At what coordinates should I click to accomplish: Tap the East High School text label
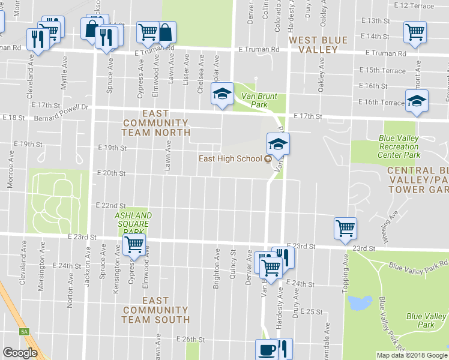tap(231, 158)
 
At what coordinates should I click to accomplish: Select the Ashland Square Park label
tap(133, 223)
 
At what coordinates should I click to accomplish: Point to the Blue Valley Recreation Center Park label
tap(399, 146)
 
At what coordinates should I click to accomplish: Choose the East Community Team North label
tap(155, 122)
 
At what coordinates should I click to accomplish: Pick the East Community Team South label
tap(155, 310)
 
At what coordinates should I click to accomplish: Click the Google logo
tap(20, 353)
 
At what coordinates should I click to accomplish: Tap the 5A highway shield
tap(24, 332)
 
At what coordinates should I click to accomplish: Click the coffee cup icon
tap(266, 349)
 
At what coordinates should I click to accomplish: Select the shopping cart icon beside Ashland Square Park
tap(134, 244)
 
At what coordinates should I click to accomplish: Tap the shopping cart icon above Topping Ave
tap(345, 228)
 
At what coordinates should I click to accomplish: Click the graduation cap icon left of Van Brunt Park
tap(221, 94)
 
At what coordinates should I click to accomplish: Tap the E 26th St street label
tap(190, 339)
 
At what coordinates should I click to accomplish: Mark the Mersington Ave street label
tap(41, 274)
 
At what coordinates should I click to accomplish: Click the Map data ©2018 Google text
tap(412, 355)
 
